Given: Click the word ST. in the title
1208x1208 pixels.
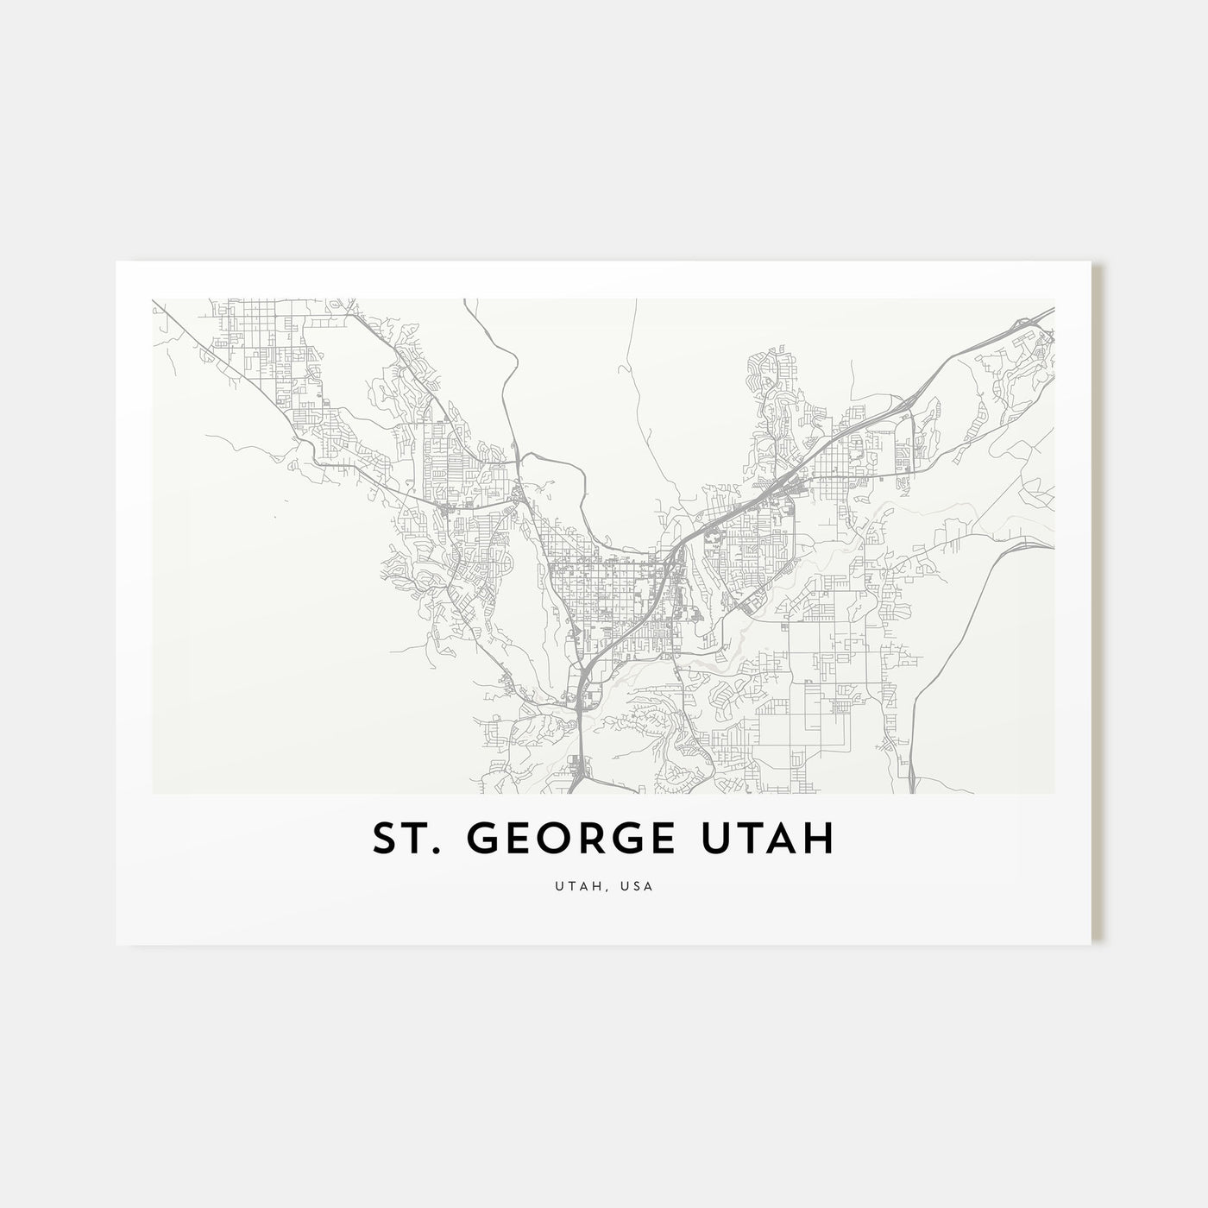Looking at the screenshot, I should coord(402,838).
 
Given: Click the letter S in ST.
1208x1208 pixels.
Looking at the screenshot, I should coord(383,838).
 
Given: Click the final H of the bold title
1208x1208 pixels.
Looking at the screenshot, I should coord(821,838).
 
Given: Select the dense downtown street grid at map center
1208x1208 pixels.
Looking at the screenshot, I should coord(604,587).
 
